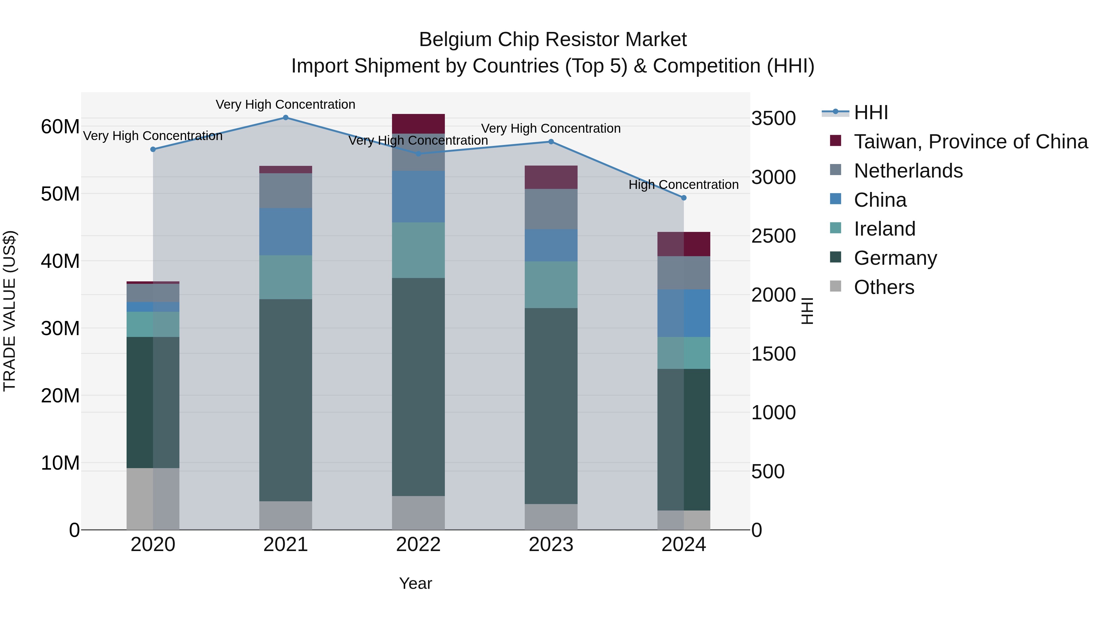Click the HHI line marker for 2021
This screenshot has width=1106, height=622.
(x=285, y=118)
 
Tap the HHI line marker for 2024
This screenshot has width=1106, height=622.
(x=684, y=198)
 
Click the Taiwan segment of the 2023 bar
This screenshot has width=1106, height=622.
(x=551, y=177)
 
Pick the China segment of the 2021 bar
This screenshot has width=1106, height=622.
(x=285, y=232)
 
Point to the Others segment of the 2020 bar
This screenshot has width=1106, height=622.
(x=153, y=499)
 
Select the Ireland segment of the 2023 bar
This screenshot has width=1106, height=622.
(x=551, y=285)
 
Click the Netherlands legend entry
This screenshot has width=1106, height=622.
(x=908, y=171)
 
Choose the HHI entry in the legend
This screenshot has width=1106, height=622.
(x=871, y=112)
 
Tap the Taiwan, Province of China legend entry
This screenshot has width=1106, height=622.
(x=970, y=142)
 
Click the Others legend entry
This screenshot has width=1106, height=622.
(x=884, y=287)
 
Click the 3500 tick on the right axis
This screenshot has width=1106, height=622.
(x=773, y=119)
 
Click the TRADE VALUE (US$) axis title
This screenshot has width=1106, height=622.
(x=10, y=311)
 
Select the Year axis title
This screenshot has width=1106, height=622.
(x=415, y=583)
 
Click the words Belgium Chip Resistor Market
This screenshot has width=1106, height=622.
(x=553, y=40)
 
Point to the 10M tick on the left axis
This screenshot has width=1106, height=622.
(x=60, y=463)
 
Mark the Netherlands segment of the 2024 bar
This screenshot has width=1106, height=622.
(x=684, y=273)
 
